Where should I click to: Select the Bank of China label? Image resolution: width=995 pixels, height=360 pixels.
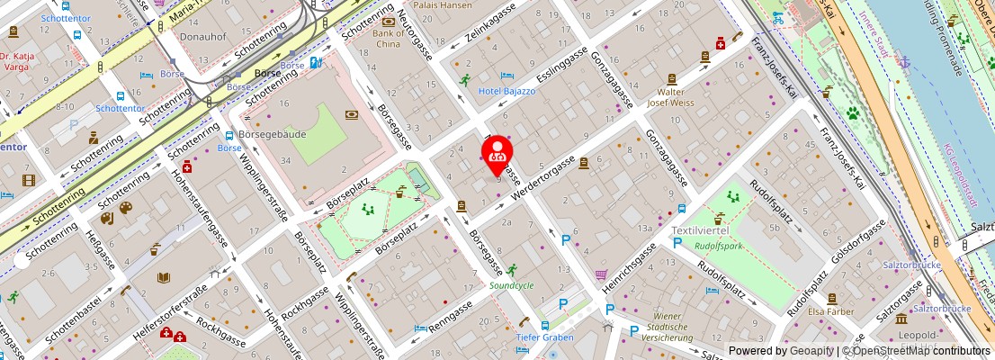[388, 38]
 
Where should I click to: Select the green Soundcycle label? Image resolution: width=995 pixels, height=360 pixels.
[511, 285]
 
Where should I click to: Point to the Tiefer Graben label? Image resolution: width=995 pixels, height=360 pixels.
[545, 337]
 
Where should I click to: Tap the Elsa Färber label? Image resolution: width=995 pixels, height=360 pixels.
[830, 312]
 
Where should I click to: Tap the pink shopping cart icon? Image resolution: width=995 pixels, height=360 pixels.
[600, 274]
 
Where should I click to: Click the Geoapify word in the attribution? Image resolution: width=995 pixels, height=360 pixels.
[811, 351]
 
